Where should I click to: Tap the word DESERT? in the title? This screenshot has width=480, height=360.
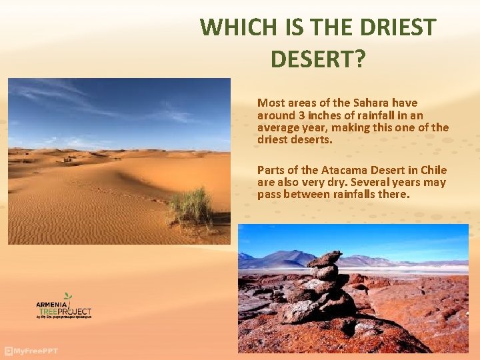(x=318, y=59)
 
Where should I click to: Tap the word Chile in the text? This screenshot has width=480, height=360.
(x=433, y=170)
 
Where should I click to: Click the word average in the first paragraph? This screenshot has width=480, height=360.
(x=278, y=128)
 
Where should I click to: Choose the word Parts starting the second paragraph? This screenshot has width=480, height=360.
(x=271, y=170)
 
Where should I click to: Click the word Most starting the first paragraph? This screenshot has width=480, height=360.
(x=271, y=103)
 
